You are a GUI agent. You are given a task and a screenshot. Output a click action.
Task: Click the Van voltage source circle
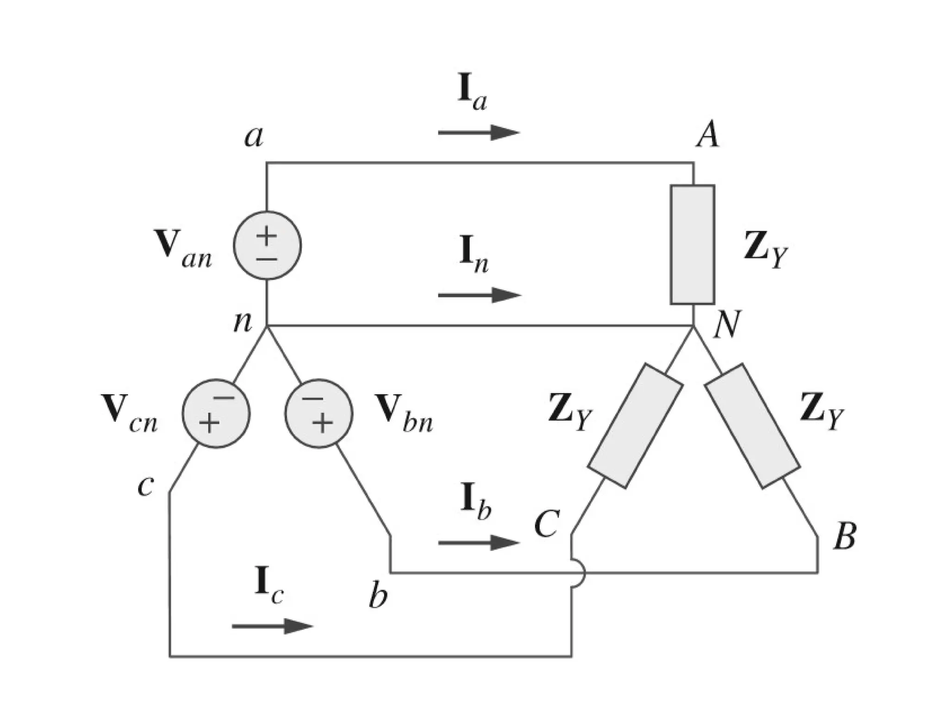(267, 246)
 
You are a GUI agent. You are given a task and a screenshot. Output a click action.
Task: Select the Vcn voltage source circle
(216, 414)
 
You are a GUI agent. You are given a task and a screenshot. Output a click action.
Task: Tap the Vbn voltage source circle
(318, 414)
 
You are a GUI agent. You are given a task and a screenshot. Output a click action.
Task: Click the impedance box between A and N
(692, 245)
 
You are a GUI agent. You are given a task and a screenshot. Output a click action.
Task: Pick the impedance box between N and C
(635, 426)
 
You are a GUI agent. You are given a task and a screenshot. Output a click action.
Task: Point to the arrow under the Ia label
(479, 133)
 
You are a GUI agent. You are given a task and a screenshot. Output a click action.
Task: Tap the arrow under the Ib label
(479, 543)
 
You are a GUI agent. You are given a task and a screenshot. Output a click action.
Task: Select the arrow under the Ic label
(272, 626)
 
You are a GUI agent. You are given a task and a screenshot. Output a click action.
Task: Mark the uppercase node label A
(708, 135)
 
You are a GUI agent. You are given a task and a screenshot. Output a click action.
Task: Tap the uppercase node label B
(844, 536)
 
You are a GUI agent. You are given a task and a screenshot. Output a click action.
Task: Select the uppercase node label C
(547, 524)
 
